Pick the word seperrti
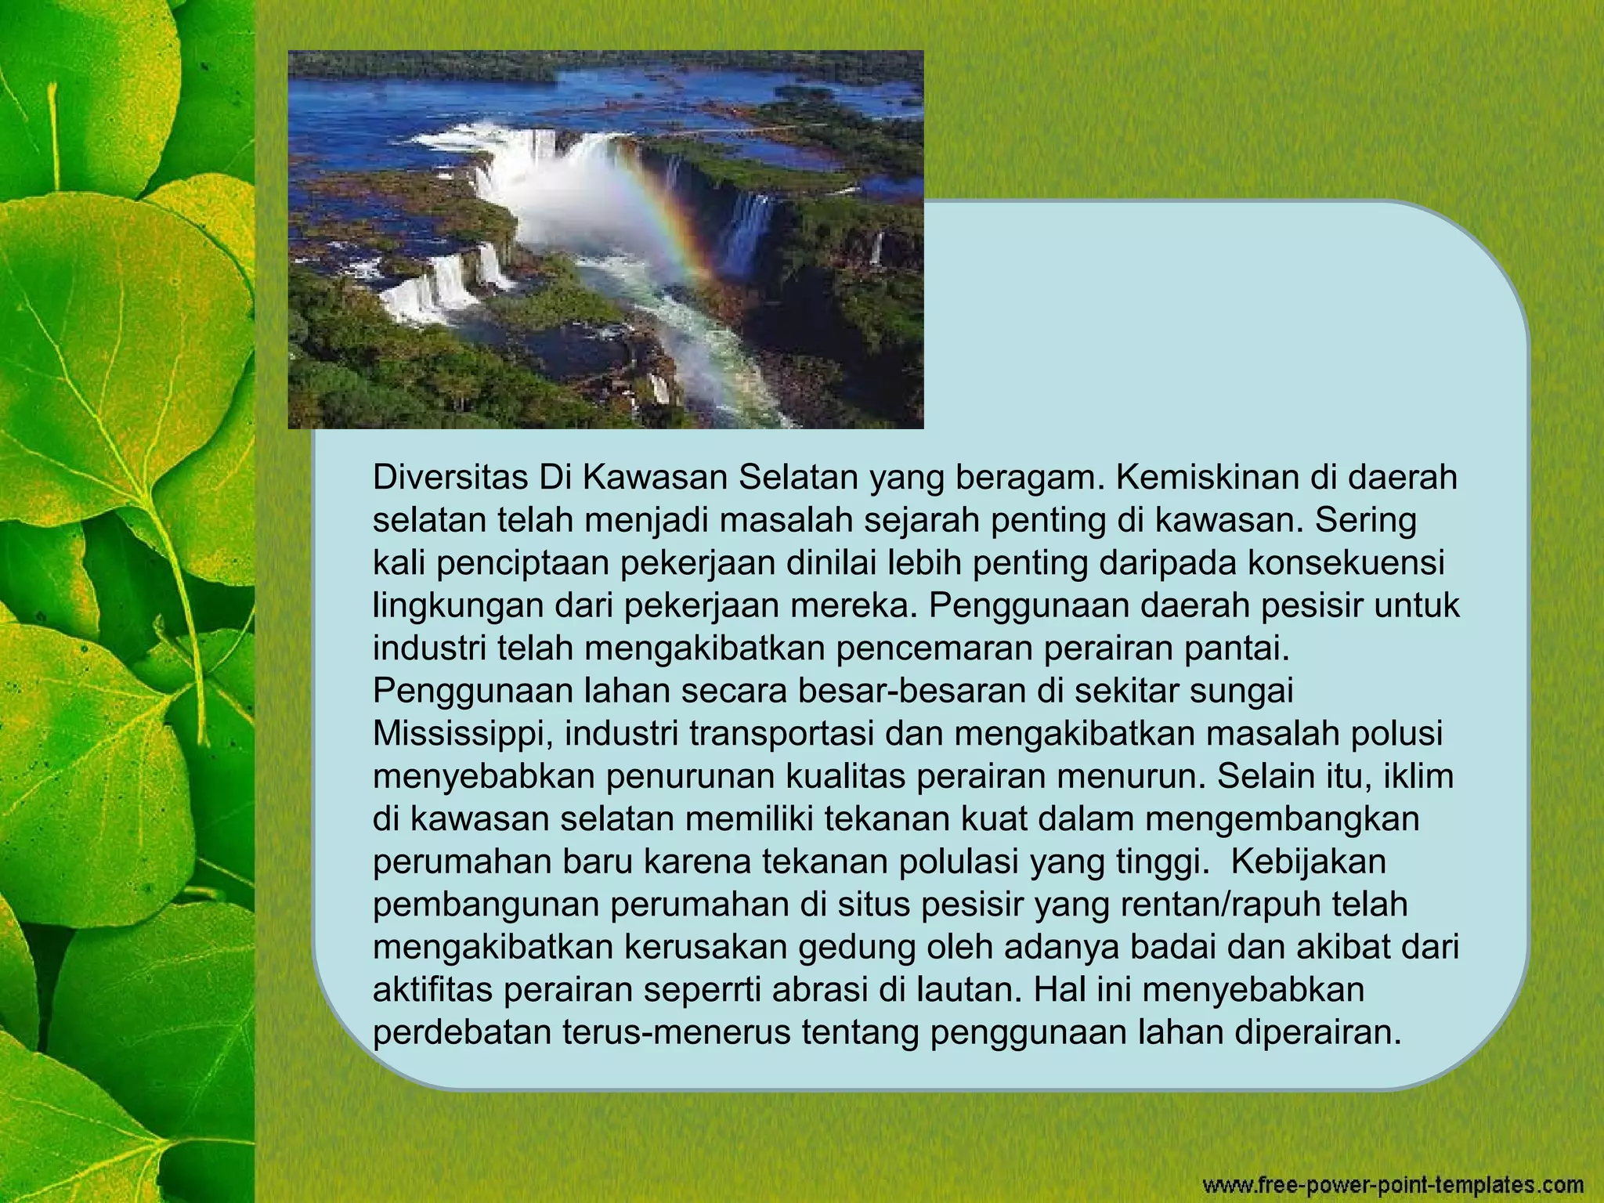[702, 990]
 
